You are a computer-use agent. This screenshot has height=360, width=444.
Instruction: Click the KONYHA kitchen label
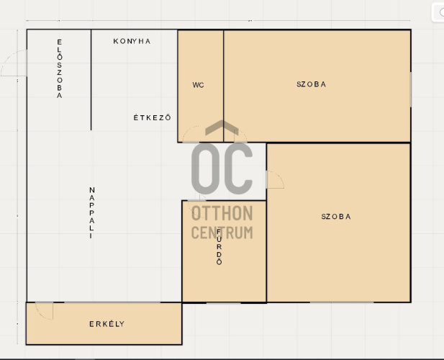coord(132,41)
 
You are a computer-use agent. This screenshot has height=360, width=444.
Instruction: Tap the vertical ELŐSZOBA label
coord(59,69)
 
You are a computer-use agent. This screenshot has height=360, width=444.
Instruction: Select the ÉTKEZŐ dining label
coord(153,117)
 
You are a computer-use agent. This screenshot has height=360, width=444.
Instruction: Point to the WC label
coord(198,85)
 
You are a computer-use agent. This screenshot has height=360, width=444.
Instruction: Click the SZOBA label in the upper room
coord(311,84)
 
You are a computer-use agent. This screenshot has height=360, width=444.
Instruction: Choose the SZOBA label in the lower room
coord(336,217)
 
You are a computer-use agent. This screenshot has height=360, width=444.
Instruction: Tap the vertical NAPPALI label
coord(91,212)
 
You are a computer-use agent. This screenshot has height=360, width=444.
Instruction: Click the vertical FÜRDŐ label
coord(219,247)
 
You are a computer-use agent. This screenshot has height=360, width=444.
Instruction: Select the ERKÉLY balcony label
coord(107,324)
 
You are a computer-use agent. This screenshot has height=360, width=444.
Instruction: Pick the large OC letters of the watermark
coord(222,168)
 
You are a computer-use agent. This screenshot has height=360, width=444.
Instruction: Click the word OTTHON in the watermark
coord(222,213)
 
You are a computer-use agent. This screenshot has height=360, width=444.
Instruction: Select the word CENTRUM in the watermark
coord(222,233)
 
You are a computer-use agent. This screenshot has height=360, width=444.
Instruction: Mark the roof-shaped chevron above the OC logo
coord(222,127)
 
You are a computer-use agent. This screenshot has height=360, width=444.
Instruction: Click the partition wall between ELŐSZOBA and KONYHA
coord(91,80)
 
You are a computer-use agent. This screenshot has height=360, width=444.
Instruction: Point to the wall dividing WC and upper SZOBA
coord(223,86)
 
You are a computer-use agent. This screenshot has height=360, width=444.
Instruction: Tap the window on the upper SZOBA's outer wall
coord(411,89)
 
